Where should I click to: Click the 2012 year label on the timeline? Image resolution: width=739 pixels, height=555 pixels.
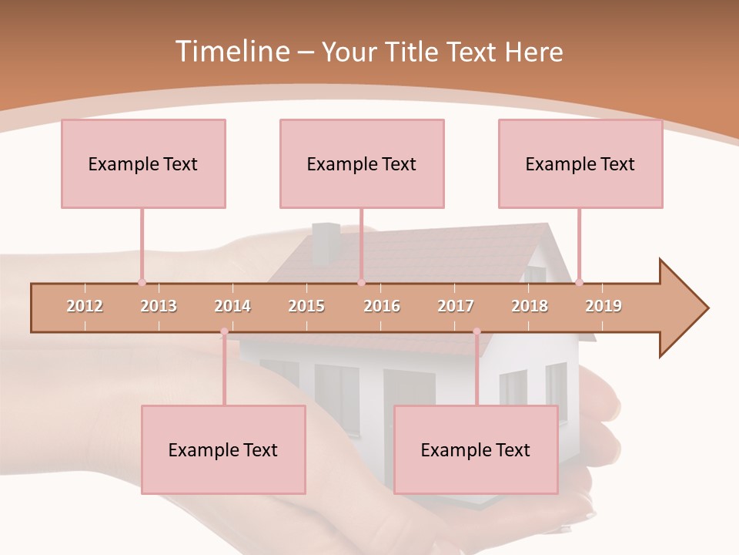tap(85, 306)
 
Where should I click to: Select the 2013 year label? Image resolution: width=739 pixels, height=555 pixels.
tap(159, 306)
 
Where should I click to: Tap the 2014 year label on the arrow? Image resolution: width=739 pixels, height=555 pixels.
tap(232, 306)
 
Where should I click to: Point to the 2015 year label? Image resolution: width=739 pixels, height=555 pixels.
tap(306, 306)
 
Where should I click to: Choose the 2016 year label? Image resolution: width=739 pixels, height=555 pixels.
tap(382, 306)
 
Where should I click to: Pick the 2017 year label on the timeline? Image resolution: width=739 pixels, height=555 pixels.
tap(456, 306)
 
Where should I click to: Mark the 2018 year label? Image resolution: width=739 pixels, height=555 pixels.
tap(530, 306)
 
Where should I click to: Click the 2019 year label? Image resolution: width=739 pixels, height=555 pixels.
tap(604, 306)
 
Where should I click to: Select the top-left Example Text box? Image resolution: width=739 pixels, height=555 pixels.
tap(143, 164)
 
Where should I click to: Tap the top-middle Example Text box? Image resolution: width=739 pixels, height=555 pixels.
tap(362, 164)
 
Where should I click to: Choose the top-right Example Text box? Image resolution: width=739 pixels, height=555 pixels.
tap(580, 164)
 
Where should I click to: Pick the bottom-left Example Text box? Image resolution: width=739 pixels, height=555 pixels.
tap(223, 450)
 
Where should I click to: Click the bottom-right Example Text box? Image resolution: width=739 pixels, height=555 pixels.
tap(476, 450)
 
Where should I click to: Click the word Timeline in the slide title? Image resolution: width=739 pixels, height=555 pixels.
tap(231, 52)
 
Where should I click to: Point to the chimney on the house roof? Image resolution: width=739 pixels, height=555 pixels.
tap(326, 240)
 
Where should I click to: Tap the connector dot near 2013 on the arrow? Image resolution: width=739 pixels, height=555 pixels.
tap(142, 282)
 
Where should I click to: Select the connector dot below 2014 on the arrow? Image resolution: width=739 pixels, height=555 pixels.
tap(224, 331)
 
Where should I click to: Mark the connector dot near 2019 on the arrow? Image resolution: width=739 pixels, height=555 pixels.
tap(579, 282)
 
